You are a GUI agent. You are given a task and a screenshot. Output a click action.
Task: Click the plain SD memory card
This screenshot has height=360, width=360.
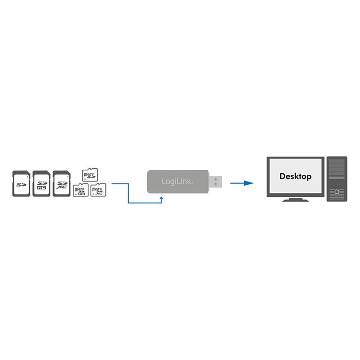click(21, 184)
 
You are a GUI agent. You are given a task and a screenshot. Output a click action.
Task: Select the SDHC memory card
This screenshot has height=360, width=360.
click(41, 184)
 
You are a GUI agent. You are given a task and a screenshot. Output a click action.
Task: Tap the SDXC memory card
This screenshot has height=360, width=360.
click(61, 184)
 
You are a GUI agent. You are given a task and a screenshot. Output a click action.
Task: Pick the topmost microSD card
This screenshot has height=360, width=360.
click(90, 175)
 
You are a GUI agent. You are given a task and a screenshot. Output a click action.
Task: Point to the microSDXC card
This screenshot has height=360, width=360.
click(98, 191)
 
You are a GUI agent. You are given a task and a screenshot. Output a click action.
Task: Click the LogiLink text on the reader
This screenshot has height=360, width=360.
click(174, 182)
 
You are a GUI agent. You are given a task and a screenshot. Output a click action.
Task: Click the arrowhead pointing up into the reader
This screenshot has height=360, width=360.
click(161, 197)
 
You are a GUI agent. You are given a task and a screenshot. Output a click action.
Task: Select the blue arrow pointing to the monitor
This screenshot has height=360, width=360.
click(241, 183)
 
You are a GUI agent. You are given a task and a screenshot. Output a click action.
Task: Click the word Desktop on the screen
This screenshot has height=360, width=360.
click(295, 176)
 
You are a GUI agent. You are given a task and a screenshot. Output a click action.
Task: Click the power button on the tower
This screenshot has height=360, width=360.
click(337, 192)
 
